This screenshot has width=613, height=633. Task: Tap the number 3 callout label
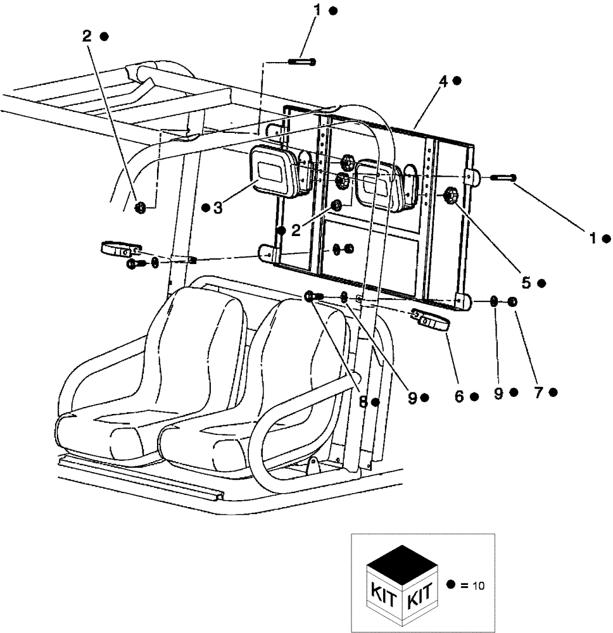(217, 208)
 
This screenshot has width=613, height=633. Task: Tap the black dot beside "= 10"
(451, 585)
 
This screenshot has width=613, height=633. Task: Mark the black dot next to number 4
(457, 80)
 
